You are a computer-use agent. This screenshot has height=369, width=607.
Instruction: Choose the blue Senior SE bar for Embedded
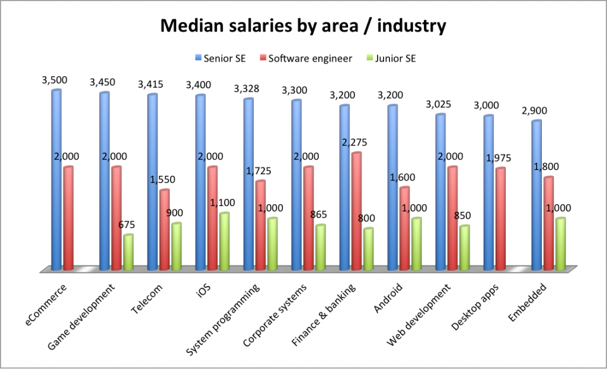click(536, 195)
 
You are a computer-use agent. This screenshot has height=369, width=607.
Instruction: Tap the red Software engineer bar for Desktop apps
click(500, 219)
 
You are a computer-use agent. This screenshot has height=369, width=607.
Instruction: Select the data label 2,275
click(356, 142)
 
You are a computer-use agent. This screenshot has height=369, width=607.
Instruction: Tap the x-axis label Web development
click(426, 316)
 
